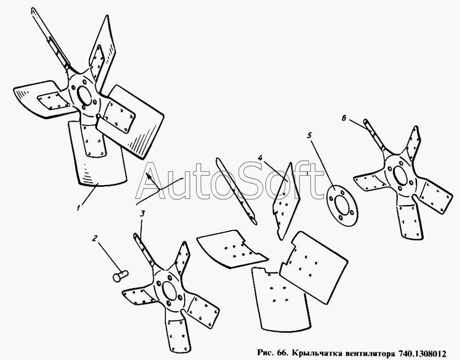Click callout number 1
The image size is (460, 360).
click(x=78, y=209)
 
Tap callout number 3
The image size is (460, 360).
click(x=142, y=214)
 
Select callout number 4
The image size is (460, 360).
click(x=260, y=158)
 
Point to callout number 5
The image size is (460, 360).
click(x=309, y=136)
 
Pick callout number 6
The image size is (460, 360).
click(x=344, y=118)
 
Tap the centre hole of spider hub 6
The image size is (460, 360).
click(x=400, y=175)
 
